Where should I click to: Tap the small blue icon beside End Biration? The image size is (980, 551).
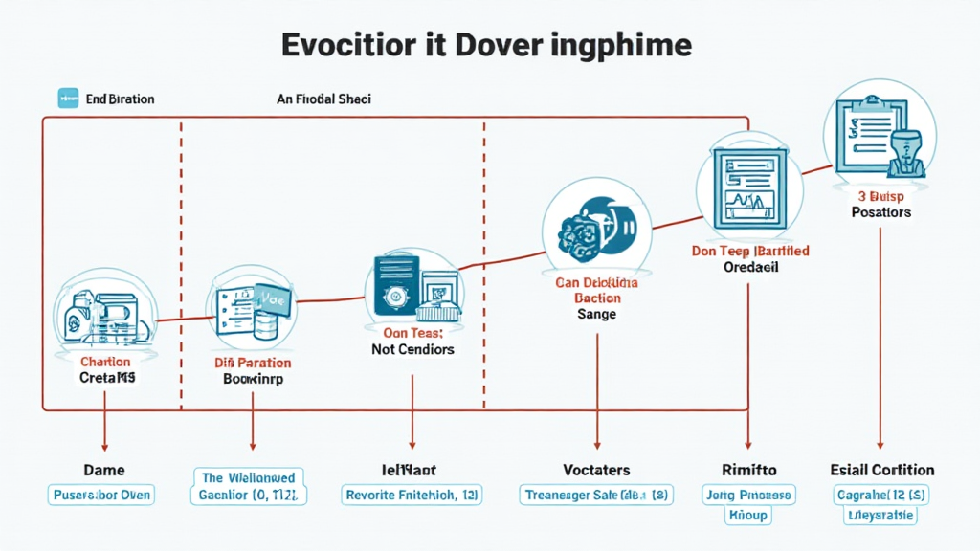pyautogui.click(x=68, y=98)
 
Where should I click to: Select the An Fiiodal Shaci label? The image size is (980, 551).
pyautogui.click(x=323, y=99)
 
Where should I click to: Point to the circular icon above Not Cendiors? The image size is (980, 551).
pyautogui.click(x=412, y=288)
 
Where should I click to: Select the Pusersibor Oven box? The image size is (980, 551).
pyautogui.click(x=101, y=495)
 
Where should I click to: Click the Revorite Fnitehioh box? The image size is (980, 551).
pyautogui.click(x=412, y=495)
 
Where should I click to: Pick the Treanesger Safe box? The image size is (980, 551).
pyautogui.click(x=596, y=495)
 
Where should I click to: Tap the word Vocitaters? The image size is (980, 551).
pyautogui.click(x=596, y=470)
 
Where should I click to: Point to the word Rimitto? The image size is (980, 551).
pyautogui.click(x=748, y=470)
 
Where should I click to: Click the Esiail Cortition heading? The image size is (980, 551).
pyautogui.click(x=881, y=470)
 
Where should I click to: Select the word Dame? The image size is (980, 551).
pyautogui.click(x=104, y=470)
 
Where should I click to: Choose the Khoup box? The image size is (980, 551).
pyautogui.click(x=749, y=515)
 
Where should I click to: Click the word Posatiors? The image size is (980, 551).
pyautogui.click(x=880, y=211)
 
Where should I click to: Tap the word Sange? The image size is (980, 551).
pyautogui.click(x=597, y=314)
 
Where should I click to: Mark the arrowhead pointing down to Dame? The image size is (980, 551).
pyautogui.click(x=104, y=445)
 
